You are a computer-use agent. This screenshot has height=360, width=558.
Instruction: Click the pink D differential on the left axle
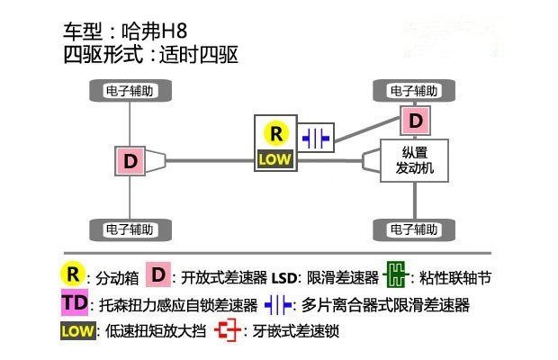click(131, 161)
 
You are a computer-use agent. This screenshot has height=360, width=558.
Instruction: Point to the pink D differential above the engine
click(414, 120)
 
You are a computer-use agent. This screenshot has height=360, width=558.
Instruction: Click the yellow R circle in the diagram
click(275, 133)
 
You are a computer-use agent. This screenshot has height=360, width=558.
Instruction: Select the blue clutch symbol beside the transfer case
click(316, 138)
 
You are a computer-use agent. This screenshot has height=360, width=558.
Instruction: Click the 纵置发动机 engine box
click(413, 161)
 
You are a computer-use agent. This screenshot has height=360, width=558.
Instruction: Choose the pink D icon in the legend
click(159, 274)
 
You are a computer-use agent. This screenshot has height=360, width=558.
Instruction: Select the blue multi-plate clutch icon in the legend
click(278, 304)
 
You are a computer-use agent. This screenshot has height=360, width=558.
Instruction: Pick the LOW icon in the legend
click(77, 331)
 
